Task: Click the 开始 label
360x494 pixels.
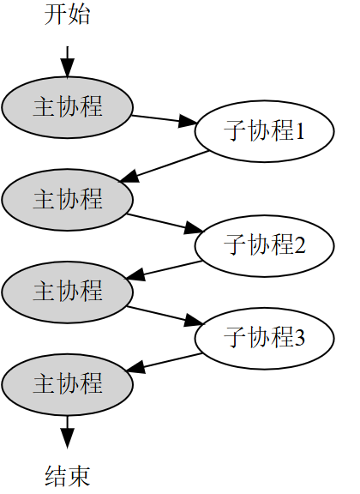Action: pyautogui.click(x=67, y=16)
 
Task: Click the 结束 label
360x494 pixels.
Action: pyautogui.click(x=67, y=476)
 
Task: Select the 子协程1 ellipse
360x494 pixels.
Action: pyautogui.click(x=263, y=132)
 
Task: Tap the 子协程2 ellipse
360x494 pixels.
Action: pyautogui.click(x=263, y=244)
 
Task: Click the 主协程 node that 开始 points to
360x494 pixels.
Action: pyautogui.click(x=67, y=106)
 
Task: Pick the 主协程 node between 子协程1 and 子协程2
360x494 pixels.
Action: pyautogui.click(x=67, y=199)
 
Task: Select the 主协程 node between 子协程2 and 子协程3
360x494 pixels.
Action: pyautogui.click(x=67, y=290)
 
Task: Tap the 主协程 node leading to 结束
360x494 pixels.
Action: pyautogui.click(x=67, y=383)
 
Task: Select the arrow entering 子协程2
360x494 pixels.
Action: pyautogui.click(x=165, y=222)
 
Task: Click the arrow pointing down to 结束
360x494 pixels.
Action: pyautogui.click(x=67, y=428)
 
